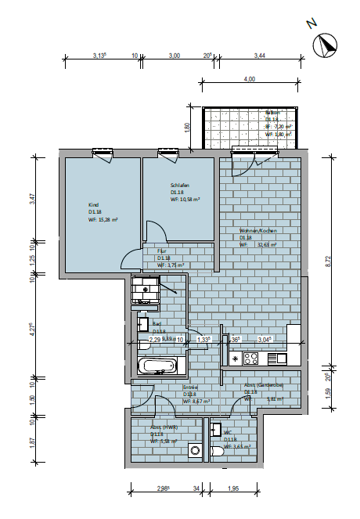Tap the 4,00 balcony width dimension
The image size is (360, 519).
tap(249, 79)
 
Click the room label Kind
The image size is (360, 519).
tap(93, 204)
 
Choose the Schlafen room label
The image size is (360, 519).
tap(180, 186)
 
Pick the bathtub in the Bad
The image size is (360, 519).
tap(159, 366)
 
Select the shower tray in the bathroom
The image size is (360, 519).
tap(146, 290)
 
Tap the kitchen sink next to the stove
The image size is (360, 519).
tap(278, 359)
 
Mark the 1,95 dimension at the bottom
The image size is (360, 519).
tap(232, 488)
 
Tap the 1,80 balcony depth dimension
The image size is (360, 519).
tap(186, 127)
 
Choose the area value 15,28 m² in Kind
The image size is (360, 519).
tap(104, 220)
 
